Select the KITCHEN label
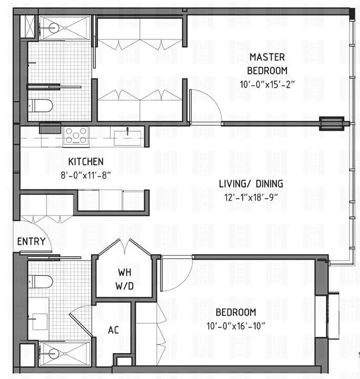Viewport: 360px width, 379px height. point(86,162)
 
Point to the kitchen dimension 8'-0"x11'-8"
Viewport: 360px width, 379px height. point(86,175)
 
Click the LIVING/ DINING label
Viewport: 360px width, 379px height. point(251,184)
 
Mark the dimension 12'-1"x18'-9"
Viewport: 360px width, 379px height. point(251,196)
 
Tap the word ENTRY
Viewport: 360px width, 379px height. point(31,242)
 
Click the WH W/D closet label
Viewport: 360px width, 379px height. point(125,279)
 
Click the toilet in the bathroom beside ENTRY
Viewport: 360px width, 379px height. point(40,281)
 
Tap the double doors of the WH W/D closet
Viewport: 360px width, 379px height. point(125,247)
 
